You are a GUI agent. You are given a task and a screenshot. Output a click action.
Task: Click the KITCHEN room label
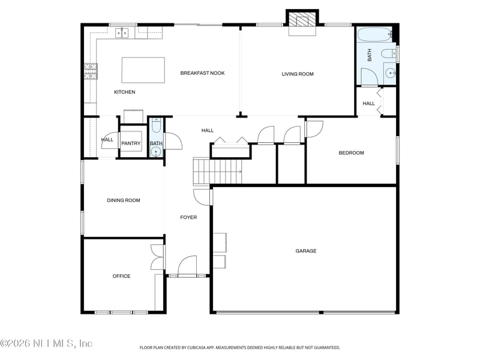tap(124, 92)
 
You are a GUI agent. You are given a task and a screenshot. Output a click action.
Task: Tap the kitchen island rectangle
tap(143, 70)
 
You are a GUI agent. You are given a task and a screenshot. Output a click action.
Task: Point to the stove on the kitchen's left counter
tap(90, 72)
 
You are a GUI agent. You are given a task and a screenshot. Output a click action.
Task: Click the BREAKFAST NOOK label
tap(202, 73)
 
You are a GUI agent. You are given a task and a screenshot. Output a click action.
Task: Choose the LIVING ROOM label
tap(298, 74)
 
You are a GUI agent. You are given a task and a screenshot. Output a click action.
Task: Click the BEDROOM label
tap(351, 153)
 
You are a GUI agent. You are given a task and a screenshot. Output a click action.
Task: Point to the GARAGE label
tap(305, 251)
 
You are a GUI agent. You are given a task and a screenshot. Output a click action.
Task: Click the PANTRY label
tap(131, 143)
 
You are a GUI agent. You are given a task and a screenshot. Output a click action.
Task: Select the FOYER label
tap(188, 217)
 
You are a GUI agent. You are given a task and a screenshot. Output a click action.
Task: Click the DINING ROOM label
tap(124, 200)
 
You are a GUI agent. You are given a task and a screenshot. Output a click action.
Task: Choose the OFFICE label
tap(121, 277)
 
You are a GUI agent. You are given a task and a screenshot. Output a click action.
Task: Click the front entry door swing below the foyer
tap(187, 266)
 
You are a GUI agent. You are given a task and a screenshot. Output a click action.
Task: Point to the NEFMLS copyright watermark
tap(46, 343)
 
